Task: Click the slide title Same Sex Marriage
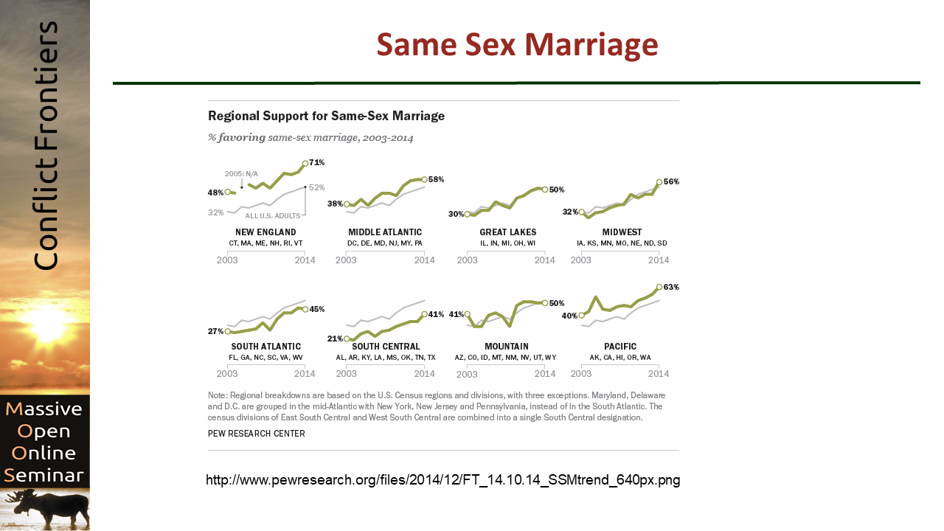(517, 45)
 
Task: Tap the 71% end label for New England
(316, 162)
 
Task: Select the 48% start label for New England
(216, 192)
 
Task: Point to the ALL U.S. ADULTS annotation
(272, 215)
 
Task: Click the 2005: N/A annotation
(241, 173)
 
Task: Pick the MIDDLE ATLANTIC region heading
(385, 232)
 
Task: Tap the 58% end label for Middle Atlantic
(436, 179)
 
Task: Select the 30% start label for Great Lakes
(456, 214)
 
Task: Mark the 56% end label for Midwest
(671, 181)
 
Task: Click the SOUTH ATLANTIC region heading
(266, 347)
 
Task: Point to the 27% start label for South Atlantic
(215, 332)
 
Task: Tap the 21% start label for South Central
(335, 339)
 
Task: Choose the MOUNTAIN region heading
(507, 347)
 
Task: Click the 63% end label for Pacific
(671, 288)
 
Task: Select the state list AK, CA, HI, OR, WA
(620, 358)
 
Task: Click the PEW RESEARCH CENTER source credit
(257, 434)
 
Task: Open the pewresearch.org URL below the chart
(442, 480)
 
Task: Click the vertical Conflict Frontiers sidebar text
(46, 145)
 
